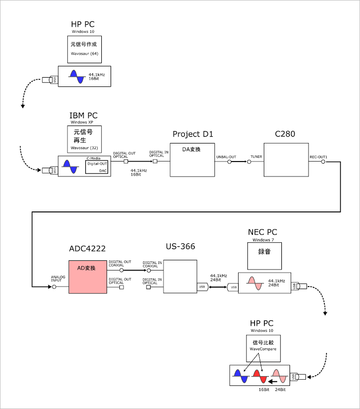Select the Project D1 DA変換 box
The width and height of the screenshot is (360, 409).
(192, 161)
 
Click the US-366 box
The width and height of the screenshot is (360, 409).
(180, 277)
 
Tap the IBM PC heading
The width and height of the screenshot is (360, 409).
(83, 116)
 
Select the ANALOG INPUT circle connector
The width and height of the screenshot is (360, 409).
(54, 287)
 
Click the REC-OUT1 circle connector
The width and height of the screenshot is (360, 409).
(323, 162)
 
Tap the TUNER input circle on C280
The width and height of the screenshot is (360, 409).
(249, 162)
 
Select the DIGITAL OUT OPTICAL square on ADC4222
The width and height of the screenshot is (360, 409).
(121, 287)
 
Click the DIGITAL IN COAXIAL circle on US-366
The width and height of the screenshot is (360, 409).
(148, 270)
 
